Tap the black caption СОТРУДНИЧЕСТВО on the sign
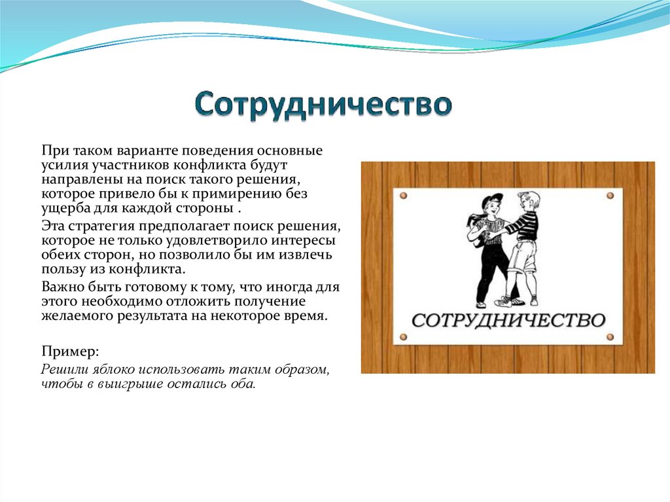(508, 321)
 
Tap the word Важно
(61, 287)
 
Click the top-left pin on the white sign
(403, 196)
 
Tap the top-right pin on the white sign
(610, 196)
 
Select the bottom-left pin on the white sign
(403, 337)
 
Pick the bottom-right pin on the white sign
(610, 337)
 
